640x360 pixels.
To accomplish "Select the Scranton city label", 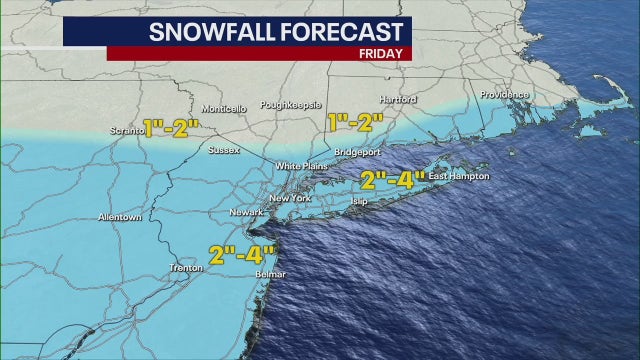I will (125, 128).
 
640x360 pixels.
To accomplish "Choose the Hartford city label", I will (397, 100).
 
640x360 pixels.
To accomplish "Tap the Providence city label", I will (502, 94).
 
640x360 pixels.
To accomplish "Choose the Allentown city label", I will (119, 217).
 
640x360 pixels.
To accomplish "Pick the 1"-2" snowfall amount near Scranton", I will (171, 128).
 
